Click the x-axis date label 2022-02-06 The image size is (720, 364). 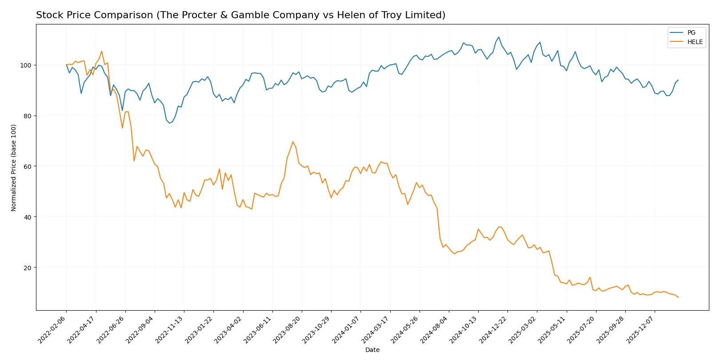tap(52, 330)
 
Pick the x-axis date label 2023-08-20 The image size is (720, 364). tap(287, 330)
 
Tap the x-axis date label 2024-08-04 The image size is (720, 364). tap(434, 330)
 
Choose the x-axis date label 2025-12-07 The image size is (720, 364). tap(640, 330)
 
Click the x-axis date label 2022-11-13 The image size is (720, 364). tap(169, 330)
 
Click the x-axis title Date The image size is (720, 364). tap(372, 350)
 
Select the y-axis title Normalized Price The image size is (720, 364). tap(14, 168)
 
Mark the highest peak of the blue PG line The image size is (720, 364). tap(499, 37)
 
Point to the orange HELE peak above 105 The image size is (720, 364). tap(101, 51)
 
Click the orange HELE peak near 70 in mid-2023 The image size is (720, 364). tap(293, 142)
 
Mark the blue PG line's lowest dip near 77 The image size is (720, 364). tap(169, 123)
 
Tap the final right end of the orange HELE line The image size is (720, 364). tap(678, 297)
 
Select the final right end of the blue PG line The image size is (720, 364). tap(678, 80)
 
